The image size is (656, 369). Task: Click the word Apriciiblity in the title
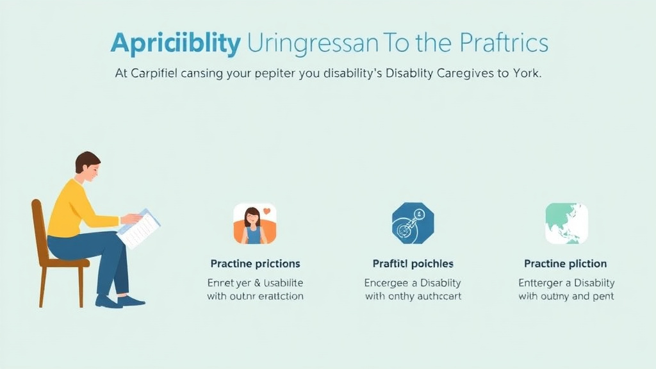pyautogui.click(x=176, y=44)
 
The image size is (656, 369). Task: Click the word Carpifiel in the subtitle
pyautogui.click(x=155, y=74)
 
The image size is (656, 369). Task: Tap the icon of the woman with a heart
pyautogui.click(x=254, y=224)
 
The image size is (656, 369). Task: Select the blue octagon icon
pyautogui.click(x=413, y=224)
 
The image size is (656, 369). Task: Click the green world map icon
pyautogui.click(x=566, y=224)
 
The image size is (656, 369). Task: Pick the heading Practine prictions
pyautogui.click(x=255, y=264)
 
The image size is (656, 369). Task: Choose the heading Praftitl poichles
pyautogui.click(x=413, y=264)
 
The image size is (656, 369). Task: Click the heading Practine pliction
pyautogui.click(x=566, y=264)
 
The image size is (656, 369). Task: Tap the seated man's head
pyautogui.click(x=87, y=166)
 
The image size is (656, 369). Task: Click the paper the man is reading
pyautogui.click(x=138, y=228)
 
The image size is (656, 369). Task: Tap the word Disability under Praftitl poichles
pyautogui.click(x=439, y=283)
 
